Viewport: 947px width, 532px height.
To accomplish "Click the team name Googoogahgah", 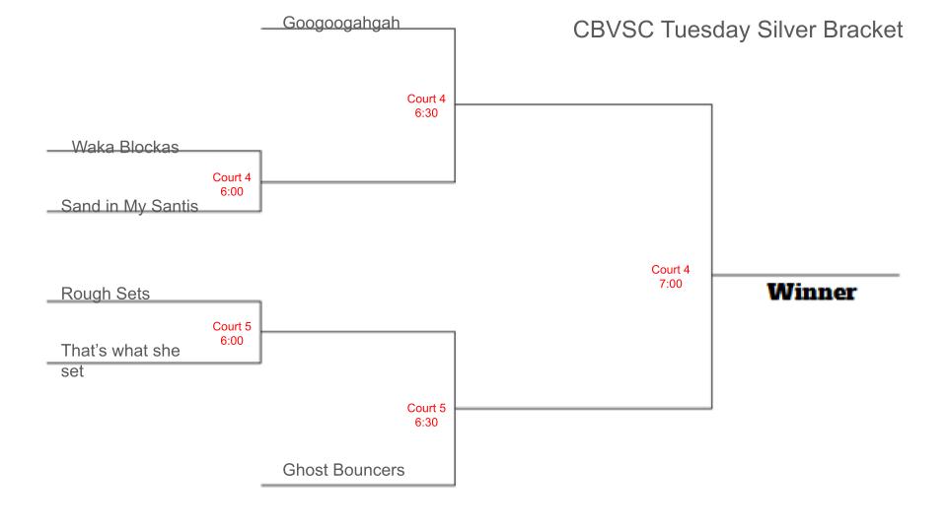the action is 341,24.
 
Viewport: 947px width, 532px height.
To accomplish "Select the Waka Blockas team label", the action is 125,147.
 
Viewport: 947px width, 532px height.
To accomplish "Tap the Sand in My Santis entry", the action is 129,206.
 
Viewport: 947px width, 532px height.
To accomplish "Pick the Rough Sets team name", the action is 106,294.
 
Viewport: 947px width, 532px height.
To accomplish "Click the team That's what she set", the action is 120,361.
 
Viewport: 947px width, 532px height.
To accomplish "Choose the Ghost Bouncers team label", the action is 343,470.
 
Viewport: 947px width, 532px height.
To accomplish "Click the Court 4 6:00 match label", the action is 231,184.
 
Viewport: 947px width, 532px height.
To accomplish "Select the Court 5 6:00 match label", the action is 231,334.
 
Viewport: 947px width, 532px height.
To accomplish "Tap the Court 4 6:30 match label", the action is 426,105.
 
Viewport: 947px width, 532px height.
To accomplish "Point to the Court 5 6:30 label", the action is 426,415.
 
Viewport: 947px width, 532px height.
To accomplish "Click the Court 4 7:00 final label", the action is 671,277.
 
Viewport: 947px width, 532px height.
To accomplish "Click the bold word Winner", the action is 812,292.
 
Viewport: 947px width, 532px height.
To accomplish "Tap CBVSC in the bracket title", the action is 613,30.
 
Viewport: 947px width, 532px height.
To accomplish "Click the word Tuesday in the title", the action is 705,31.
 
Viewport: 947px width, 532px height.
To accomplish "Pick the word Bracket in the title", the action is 863,30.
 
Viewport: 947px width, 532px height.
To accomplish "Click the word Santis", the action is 174,206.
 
